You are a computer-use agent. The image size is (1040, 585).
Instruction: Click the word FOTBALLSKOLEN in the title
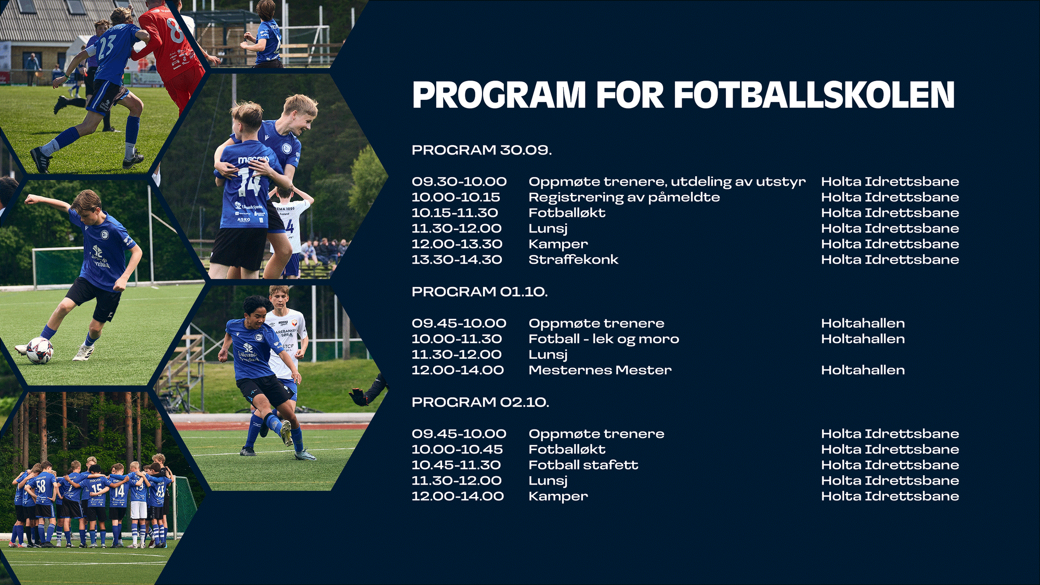coord(814,95)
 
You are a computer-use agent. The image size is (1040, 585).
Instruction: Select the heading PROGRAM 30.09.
coord(482,150)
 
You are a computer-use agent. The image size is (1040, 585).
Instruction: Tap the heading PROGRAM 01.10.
coord(479,292)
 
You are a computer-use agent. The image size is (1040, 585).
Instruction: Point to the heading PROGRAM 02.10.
coord(480,402)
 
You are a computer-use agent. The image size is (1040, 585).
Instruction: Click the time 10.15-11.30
coord(455,213)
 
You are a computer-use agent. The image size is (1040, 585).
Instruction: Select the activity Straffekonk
coord(574,259)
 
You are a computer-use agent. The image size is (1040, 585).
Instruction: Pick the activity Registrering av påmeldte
coord(624,197)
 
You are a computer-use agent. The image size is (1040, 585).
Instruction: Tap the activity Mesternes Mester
coord(600,370)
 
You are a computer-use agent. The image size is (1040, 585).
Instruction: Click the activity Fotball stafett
coord(583,465)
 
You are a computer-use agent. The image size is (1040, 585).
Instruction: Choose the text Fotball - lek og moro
coord(604,339)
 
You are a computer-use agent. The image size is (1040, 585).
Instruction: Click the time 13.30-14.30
coord(457,259)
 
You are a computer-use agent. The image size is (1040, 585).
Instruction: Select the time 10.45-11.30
coord(456,465)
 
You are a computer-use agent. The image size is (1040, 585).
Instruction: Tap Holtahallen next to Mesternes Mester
coord(863,370)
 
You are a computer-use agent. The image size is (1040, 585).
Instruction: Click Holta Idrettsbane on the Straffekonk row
coord(890,259)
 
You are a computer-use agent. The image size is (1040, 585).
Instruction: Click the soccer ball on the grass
coord(40,350)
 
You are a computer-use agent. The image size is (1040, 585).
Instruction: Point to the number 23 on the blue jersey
coord(106,47)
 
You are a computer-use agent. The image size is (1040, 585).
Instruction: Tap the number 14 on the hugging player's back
coord(249,182)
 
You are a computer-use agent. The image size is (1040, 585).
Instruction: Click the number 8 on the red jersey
coord(175,30)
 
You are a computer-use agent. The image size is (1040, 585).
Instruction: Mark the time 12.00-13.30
coord(457,244)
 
